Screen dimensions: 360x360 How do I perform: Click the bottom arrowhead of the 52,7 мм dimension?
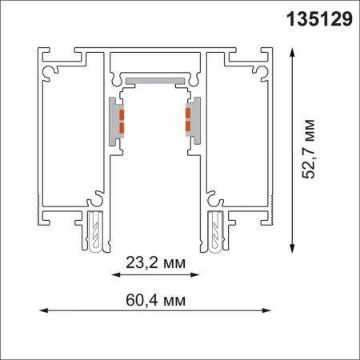(x=294, y=246)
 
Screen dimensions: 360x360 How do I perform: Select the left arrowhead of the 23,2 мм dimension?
(x=112, y=275)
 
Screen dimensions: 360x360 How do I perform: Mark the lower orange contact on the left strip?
(x=122, y=126)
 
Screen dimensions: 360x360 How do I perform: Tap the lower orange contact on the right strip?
(x=187, y=126)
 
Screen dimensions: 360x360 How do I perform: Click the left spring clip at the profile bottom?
(x=95, y=233)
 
